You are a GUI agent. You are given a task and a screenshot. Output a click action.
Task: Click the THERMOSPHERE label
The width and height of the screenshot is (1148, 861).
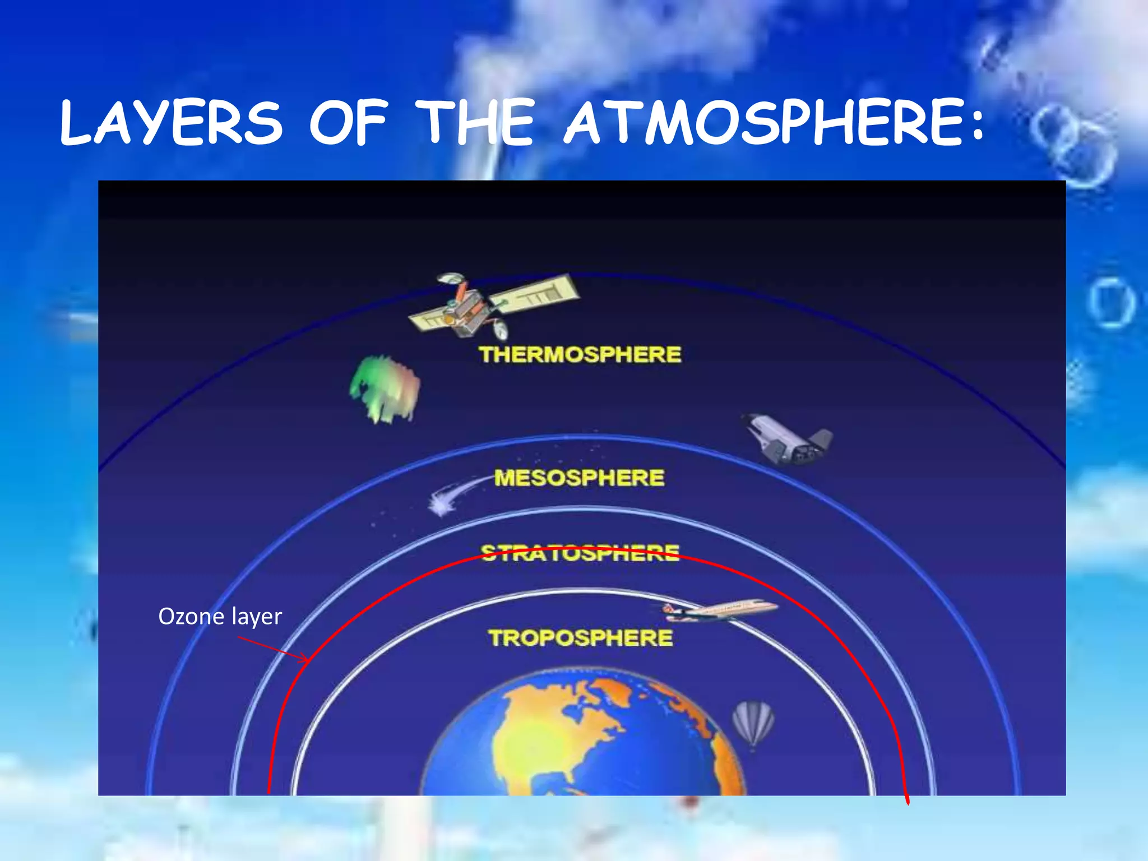coord(580,355)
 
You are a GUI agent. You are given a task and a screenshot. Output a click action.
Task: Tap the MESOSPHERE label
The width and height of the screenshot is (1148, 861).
coord(579,478)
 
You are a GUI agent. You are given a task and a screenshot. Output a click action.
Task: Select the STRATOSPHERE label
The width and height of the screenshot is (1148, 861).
coord(580,553)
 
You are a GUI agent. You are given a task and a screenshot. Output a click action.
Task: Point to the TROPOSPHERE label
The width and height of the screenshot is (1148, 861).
coord(580,638)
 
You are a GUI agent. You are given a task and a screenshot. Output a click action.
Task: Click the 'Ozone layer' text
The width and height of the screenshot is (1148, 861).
coord(220,617)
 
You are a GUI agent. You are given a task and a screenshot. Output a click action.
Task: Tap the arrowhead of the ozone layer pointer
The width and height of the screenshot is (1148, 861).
coord(306,660)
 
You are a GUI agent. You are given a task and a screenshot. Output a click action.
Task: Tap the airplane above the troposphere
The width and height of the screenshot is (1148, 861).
coord(720,610)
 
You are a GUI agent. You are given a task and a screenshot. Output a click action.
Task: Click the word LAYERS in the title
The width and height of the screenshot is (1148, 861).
coord(171,123)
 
